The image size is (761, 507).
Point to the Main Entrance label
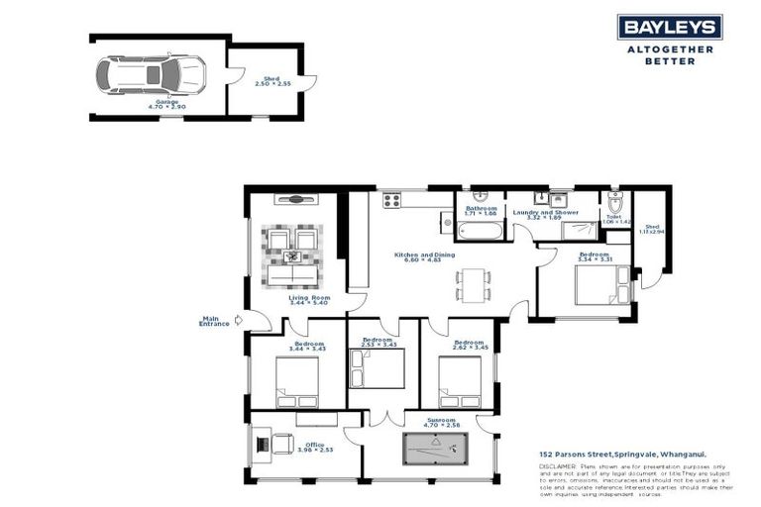214,321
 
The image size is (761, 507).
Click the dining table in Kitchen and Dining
474,283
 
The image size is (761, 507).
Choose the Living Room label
295,297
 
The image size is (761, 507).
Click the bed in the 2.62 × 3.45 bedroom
459,381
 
